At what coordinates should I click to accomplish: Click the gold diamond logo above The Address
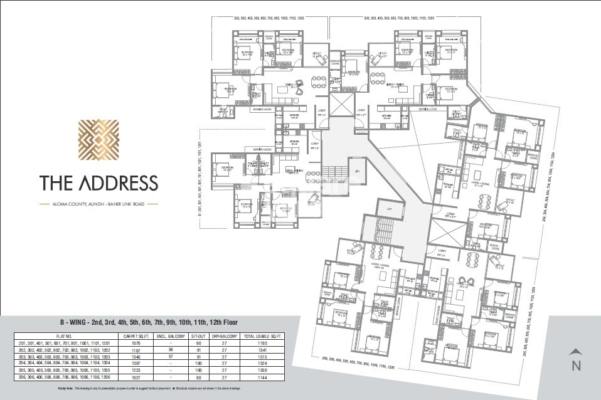coord(98,140)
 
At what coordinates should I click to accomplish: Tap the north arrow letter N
coord(576,366)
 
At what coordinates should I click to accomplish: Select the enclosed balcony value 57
coord(179,356)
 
